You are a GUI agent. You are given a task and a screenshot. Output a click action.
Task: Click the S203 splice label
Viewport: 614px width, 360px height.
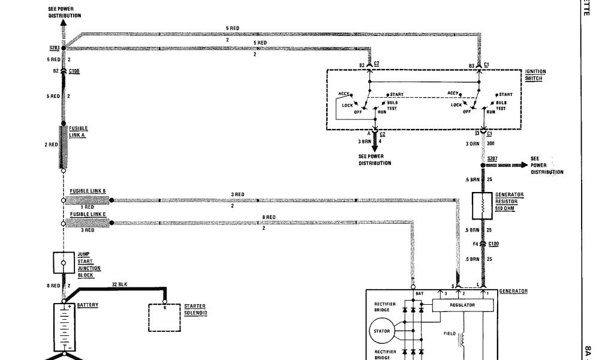tap(55, 47)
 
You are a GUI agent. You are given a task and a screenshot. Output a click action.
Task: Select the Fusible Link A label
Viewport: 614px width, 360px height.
tap(79, 131)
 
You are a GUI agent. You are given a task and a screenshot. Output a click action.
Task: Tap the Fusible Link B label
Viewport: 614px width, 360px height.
tap(88, 191)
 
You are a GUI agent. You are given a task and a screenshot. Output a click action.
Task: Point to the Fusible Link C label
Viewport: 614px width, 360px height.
tap(88, 214)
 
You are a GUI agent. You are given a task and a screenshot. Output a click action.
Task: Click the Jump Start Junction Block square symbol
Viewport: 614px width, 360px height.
tap(64, 261)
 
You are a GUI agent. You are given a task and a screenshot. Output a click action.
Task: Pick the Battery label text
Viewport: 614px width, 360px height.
tap(88, 305)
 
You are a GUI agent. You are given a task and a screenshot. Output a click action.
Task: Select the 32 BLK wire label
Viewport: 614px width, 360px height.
tap(120, 284)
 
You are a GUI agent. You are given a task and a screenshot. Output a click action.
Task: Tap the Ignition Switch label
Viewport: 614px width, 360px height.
tap(535, 75)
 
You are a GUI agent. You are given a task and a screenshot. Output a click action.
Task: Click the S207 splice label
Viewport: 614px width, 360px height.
tap(492, 158)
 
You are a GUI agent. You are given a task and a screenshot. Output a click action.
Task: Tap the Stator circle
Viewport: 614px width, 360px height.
tap(382, 331)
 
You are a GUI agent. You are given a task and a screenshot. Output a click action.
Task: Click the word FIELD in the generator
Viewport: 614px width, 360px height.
tap(449, 333)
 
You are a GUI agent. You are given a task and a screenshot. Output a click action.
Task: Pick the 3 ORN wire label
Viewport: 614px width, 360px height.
tap(471, 144)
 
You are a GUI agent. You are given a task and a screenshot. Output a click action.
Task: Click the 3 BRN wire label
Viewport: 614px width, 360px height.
tap(364, 141)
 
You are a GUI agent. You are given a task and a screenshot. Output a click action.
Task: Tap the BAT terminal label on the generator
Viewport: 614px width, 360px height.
tap(419, 294)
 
